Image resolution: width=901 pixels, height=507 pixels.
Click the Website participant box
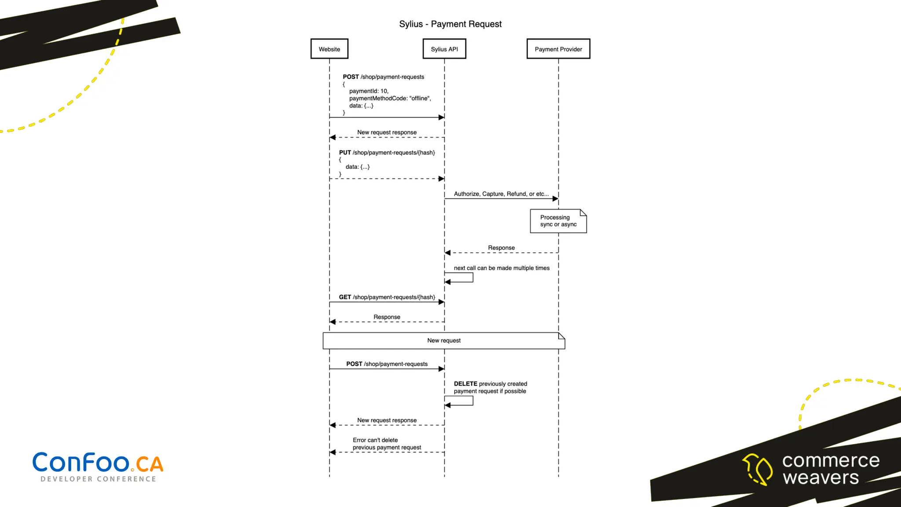(x=329, y=49)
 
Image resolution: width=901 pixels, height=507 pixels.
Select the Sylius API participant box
(x=444, y=49)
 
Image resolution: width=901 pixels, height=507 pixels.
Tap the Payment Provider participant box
(x=558, y=49)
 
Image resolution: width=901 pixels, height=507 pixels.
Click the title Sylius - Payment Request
(x=450, y=24)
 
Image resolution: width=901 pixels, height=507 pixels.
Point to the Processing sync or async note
(x=558, y=221)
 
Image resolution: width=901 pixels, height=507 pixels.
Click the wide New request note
(x=443, y=341)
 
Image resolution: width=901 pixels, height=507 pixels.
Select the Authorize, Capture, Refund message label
(x=501, y=194)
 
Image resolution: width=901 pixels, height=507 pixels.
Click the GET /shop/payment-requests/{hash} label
(x=387, y=298)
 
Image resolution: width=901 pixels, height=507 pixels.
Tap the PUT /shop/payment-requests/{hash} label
(x=387, y=153)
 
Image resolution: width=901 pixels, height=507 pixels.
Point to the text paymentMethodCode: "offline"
(x=390, y=99)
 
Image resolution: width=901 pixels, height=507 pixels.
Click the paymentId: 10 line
(x=369, y=91)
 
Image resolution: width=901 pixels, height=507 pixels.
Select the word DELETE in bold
(x=465, y=384)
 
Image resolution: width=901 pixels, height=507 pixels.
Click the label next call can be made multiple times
(x=502, y=268)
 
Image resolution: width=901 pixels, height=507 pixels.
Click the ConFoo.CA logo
(x=98, y=463)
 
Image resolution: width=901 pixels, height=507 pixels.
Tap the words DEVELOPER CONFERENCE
(x=98, y=479)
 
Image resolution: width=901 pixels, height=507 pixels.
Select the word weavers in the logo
(x=820, y=478)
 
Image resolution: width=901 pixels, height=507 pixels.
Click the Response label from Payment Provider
(x=501, y=248)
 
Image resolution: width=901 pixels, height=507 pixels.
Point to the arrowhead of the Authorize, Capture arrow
(x=555, y=199)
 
